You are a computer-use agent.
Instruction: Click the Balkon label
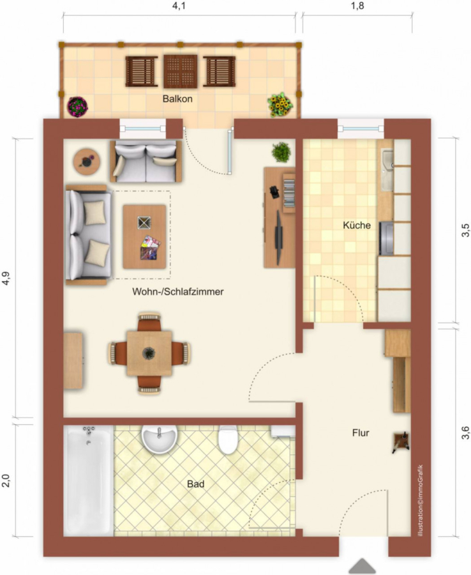tap(177, 98)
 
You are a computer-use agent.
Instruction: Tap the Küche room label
tap(357, 225)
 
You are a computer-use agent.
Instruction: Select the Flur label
tap(361, 433)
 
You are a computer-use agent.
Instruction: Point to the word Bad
tap(195, 484)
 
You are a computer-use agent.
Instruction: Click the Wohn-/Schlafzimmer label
tap(177, 292)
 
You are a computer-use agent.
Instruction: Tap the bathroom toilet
tap(227, 439)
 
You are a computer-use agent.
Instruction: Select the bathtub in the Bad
tap(89, 480)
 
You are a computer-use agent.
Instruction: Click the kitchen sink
tap(387, 170)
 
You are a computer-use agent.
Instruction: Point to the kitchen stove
tap(386, 238)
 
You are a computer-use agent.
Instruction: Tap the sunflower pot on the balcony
tap(280, 103)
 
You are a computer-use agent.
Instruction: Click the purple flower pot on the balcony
tap(78, 107)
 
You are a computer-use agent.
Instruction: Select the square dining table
tap(149, 353)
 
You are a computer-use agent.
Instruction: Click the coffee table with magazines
tap(144, 236)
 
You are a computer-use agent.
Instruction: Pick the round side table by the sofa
tap(86, 162)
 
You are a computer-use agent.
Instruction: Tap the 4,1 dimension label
tap(178, 6)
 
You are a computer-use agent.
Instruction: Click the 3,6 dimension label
tap(465, 433)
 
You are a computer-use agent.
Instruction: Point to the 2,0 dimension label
tap(6, 480)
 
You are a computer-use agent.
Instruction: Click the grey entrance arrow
tap(363, 566)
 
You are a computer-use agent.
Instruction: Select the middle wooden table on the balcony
tap(180, 72)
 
